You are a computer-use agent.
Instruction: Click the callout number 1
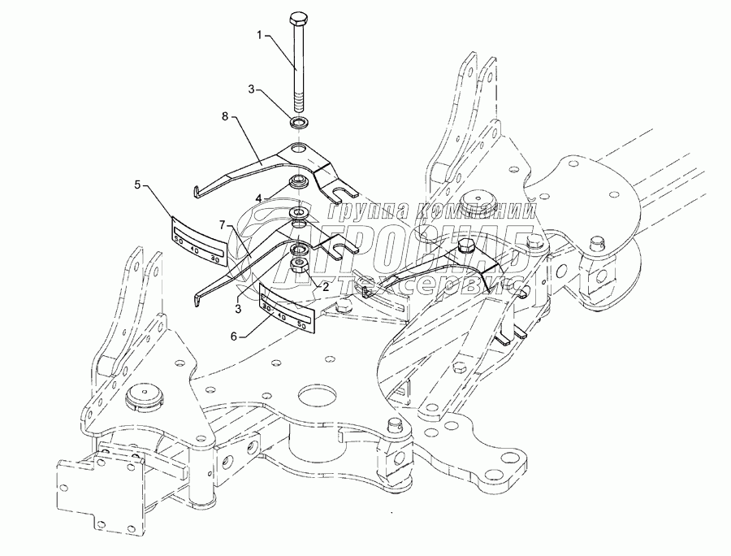click(259, 35)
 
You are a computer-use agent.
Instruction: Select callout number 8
click(225, 118)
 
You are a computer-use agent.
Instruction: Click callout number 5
click(139, 186)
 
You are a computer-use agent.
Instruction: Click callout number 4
click(257, 198)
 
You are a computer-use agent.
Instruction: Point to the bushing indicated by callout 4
click(297, 180)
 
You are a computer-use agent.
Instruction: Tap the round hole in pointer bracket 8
click(300, 150)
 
